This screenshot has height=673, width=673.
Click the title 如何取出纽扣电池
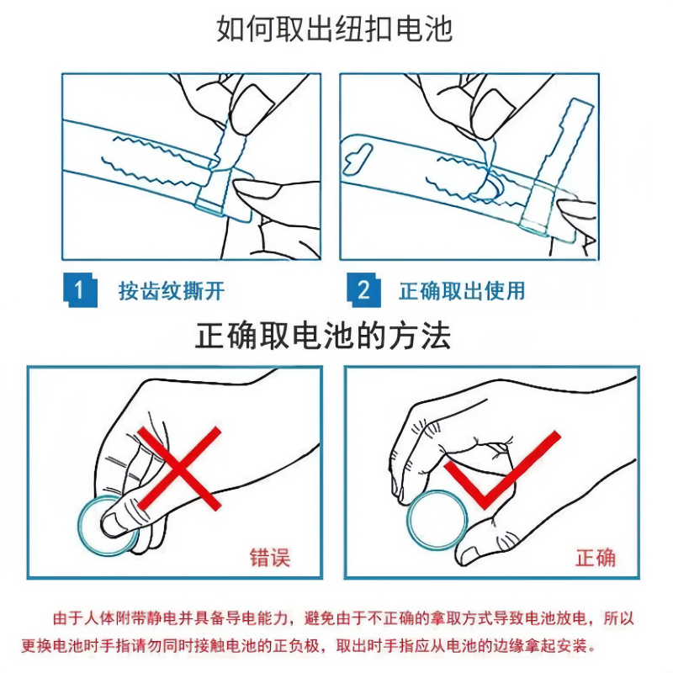click(334, 29)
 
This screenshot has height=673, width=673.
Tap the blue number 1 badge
click(80, 290)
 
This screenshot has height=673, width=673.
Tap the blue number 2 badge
click(363, 290)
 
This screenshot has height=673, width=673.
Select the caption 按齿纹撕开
click(172, 291)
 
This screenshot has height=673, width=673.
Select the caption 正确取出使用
click(462, 291)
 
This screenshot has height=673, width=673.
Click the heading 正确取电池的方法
click(323, 335)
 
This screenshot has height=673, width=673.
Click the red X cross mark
click(179, 468)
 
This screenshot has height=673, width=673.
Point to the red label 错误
click(270, 558)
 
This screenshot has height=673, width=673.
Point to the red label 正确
click(596, 558)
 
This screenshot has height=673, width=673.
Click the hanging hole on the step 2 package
click(357, 159)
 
